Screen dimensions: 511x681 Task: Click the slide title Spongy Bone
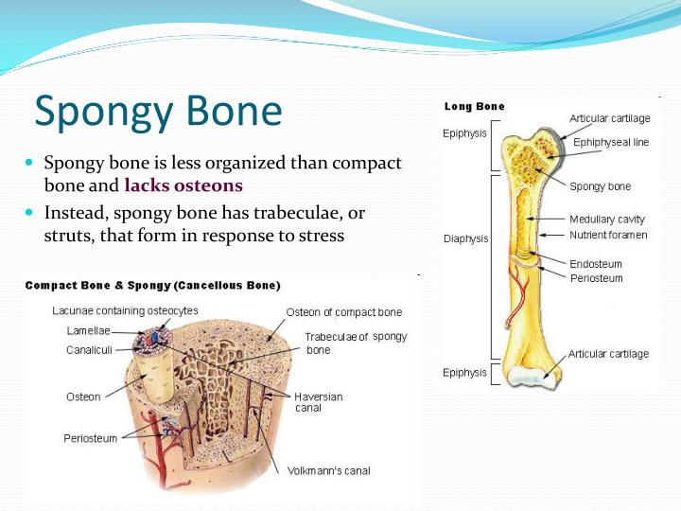point(158,112)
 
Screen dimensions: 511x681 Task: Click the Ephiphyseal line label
point(611,142)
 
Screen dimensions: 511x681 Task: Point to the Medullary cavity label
point(606,220)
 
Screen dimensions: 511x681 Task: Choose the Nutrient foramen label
point(606,234)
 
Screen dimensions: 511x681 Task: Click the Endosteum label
point(595,263)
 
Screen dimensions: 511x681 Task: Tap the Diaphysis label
point(465,238)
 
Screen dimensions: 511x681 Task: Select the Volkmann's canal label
point(328,470)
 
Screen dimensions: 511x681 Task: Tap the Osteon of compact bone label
point(343,312)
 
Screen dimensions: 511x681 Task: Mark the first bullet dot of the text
point(29,164)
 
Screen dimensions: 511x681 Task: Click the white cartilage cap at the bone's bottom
point(536,378)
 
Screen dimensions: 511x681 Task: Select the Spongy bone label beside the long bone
point(601,186)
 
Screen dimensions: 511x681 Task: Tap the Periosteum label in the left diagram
point(92,438)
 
